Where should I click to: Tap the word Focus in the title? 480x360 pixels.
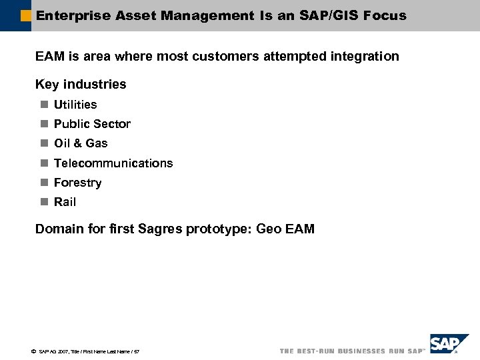(385, 15)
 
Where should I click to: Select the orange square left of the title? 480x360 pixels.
(26, 15)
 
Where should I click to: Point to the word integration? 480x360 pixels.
(364, 57)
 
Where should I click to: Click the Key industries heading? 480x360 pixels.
(81, 84)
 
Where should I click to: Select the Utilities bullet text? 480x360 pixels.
(75, 105)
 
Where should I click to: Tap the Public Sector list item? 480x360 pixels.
(92, 124)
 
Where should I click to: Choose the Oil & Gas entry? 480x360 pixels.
(81, 143)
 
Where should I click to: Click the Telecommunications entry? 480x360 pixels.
(113, 163)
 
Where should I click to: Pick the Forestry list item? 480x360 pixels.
(77, 183)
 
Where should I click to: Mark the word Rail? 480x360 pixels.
(65, 202)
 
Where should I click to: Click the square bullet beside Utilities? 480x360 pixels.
(43, 105)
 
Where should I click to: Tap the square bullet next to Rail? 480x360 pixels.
(43, 202)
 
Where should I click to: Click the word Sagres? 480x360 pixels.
(159, 229)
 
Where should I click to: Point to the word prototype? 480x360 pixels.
(219, 229)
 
